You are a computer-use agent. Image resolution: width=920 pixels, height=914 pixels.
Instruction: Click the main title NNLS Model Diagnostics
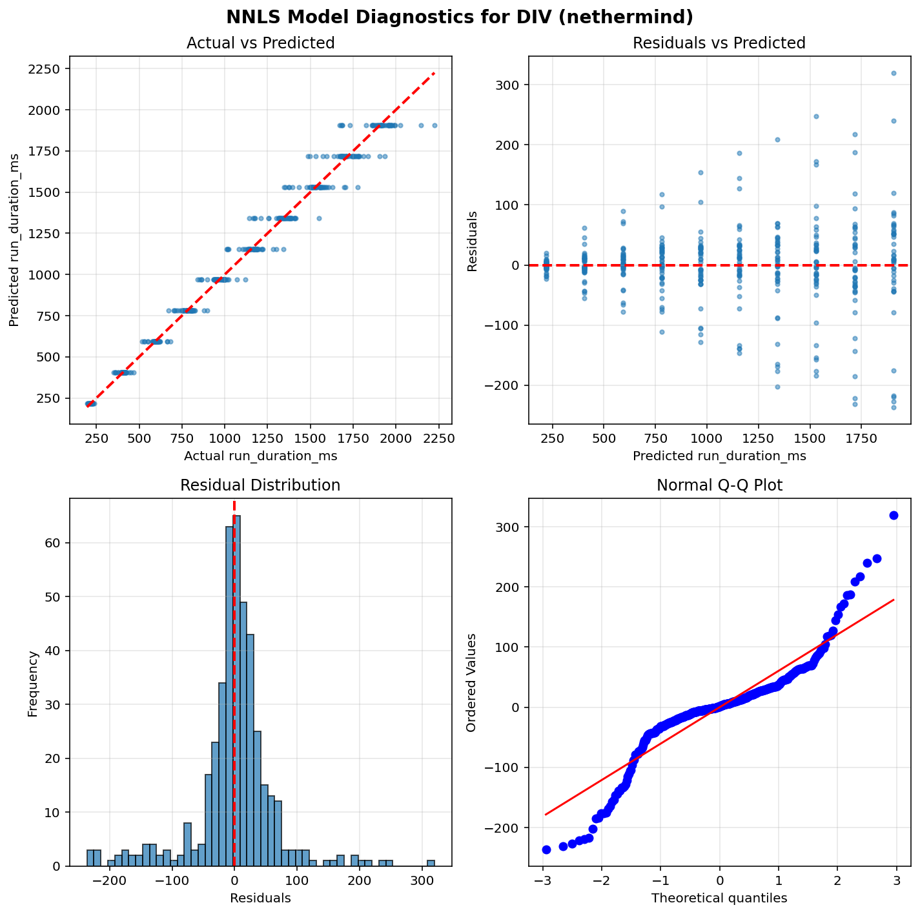click(460, 17)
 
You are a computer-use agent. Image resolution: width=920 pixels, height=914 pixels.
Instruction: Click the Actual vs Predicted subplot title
click(260, 43)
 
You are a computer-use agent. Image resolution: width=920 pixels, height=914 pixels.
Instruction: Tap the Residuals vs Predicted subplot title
click(719, 43)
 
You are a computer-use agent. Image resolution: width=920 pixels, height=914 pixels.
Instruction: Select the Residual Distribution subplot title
click(260, 485)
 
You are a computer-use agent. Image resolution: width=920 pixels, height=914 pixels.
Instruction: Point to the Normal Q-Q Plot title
click(719, 485)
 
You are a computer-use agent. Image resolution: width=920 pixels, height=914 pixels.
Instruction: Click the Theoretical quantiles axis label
click(719, 898)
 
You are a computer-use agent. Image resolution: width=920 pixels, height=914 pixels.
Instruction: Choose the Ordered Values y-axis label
click(471, 682)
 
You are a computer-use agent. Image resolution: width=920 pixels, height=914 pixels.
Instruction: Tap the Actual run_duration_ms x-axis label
click(260, 456)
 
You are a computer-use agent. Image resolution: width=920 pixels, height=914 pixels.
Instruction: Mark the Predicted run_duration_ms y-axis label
click(14, 241)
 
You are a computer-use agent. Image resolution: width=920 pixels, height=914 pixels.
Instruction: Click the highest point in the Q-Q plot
click(894, 515)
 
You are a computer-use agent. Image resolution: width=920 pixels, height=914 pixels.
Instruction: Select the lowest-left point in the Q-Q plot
click(546, 849)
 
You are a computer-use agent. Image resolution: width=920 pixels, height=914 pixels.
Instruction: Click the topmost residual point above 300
click(894, 73)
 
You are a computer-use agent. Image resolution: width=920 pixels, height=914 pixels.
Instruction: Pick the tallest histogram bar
click(238, 690)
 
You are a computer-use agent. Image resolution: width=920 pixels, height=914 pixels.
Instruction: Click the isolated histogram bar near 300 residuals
click(431, 863)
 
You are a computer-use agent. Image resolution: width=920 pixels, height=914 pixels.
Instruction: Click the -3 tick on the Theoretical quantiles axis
click(543, 880)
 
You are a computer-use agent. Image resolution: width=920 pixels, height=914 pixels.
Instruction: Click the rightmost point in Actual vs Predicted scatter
click(434, 125)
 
